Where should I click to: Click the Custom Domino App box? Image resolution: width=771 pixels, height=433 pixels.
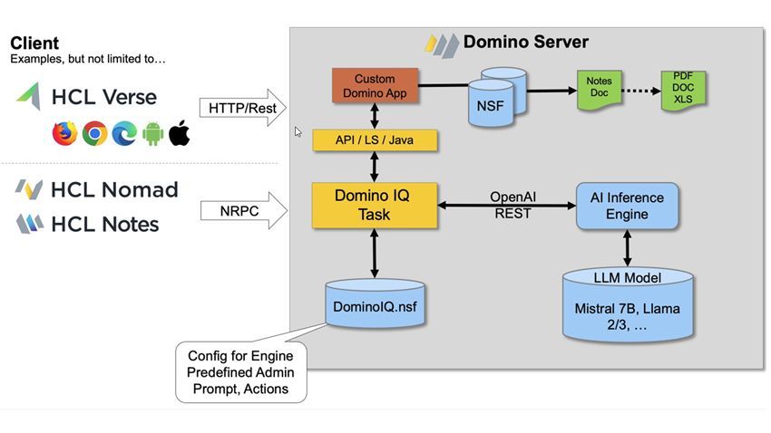click(375, 86)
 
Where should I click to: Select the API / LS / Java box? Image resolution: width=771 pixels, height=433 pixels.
click(375, 140)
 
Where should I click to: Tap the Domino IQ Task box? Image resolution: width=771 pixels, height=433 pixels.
click(374, 205)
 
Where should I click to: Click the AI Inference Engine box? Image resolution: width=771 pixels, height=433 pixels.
click(626, 206)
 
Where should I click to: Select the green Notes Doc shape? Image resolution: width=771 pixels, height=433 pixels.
click(599, 88)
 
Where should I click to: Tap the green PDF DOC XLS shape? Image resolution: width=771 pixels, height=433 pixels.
click(683, 90)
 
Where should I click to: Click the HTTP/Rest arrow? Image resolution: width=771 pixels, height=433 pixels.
click(241, 108)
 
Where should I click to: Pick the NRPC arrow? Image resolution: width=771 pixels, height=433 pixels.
click(241, 210)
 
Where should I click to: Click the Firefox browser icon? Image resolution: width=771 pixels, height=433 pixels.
click(64, 134)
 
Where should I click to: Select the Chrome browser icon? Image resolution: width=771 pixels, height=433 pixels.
click(94, 134)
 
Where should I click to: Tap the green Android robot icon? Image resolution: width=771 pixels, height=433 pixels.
click(152, 134)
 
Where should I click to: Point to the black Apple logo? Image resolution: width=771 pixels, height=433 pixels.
click(180, 133)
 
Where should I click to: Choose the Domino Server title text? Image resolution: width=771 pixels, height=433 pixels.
click(525, 42)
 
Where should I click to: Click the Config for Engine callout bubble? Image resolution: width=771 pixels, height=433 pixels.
click(240, 371)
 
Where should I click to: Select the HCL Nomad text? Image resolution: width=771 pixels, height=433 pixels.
click(113, 189)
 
